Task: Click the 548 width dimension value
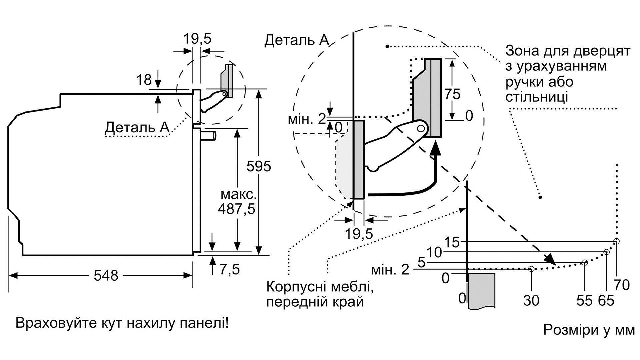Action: coord(106,276)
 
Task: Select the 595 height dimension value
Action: coord(259,166)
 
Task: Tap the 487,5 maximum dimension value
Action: coord(236,209)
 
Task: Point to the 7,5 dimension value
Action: coord(230,270)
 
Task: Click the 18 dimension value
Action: coord(144,80)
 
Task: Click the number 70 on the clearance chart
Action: coord(621,285)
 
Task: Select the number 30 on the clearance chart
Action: coord(531,301)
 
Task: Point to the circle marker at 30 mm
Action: coord(531,269)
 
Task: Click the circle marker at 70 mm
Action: coord(617,241)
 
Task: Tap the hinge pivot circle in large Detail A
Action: coord(422,128)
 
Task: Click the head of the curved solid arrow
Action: coord(435,149)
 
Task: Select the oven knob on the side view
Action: coord(210,136)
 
